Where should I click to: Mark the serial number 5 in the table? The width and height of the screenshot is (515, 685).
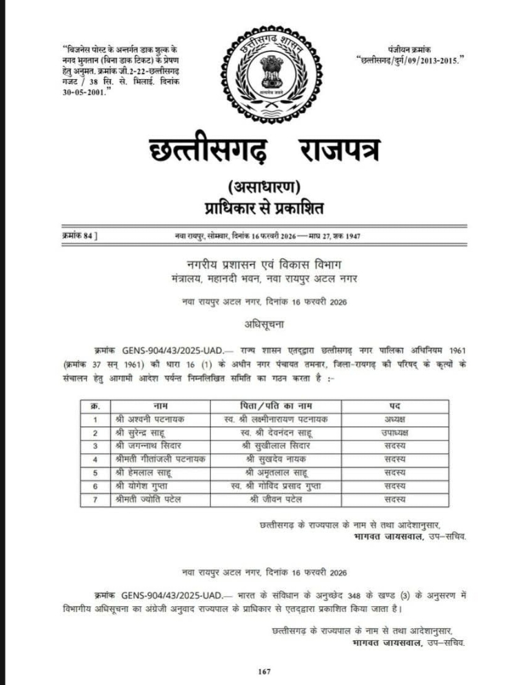[x=95, y=473]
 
